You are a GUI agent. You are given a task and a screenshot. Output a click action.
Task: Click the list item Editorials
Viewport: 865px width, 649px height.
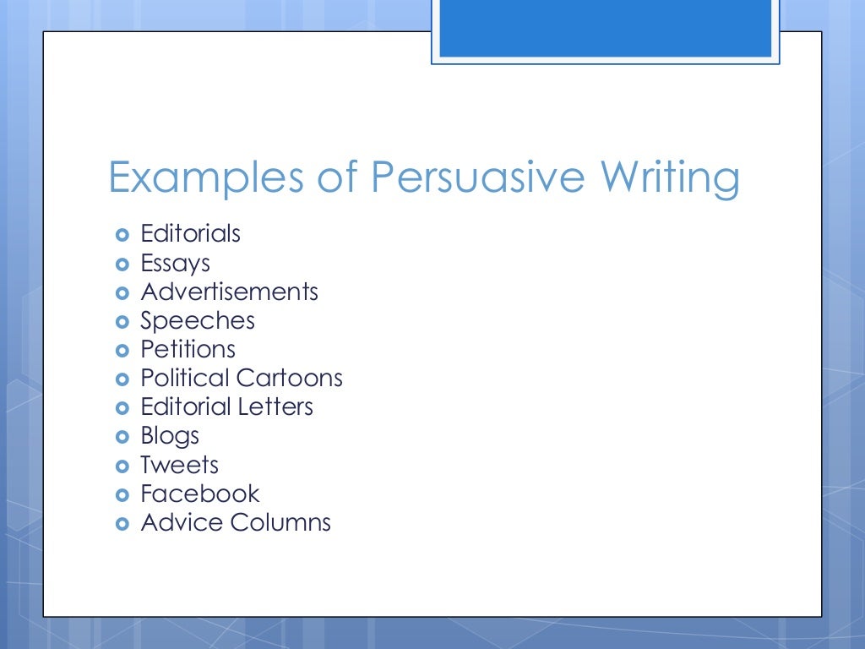190,233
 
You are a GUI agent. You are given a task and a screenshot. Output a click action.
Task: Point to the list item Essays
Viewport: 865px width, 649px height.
175,263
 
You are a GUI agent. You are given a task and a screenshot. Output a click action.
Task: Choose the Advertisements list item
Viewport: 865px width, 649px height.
229,292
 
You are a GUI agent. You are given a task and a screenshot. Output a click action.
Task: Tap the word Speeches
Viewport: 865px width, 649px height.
197,321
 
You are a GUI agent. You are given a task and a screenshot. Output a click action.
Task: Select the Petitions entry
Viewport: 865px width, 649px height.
188,349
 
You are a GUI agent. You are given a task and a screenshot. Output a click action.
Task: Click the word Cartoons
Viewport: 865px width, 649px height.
290,378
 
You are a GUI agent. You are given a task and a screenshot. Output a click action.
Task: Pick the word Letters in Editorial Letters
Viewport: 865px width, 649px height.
275,406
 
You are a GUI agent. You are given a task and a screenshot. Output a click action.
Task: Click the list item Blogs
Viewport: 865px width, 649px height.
170,436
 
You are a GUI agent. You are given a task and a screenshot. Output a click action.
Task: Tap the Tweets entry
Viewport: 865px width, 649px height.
179,465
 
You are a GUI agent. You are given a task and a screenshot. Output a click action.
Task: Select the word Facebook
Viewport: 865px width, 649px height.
200,494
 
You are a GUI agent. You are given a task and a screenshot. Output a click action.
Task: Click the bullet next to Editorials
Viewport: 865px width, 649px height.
122,234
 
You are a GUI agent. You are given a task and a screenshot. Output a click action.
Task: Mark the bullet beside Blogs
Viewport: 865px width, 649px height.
122,437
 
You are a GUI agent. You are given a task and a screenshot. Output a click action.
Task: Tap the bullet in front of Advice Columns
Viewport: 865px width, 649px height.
122,523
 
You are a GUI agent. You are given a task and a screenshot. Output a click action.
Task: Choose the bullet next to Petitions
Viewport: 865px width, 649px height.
122,350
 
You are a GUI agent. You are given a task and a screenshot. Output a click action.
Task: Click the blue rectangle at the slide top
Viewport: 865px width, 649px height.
605,28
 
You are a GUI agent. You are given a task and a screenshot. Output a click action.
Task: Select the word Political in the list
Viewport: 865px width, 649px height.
185,378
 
